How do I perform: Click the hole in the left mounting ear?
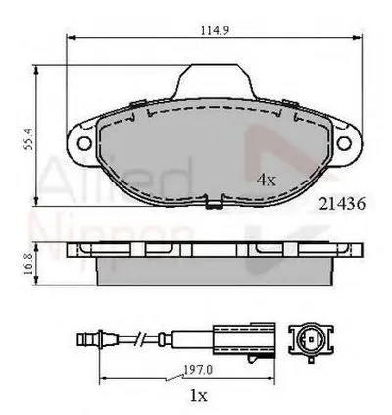(x=81, y=144)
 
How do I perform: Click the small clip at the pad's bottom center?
(x=213, y=206)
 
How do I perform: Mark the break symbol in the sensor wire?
(x=145, y=340)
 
